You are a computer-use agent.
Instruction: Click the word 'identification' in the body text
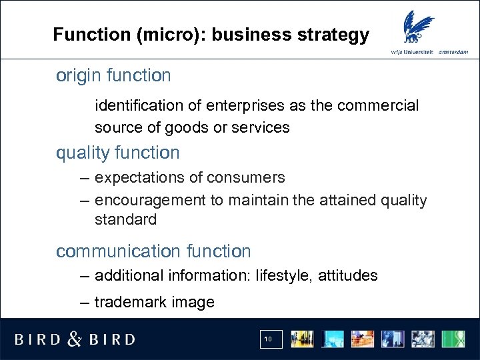pos(138,105)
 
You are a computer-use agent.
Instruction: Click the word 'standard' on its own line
pos(125,219)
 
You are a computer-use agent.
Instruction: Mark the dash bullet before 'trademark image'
pos(83,302)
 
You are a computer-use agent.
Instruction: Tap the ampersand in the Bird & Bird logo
pos(75,339)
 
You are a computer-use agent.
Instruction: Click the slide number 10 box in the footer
pos(269,339)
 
